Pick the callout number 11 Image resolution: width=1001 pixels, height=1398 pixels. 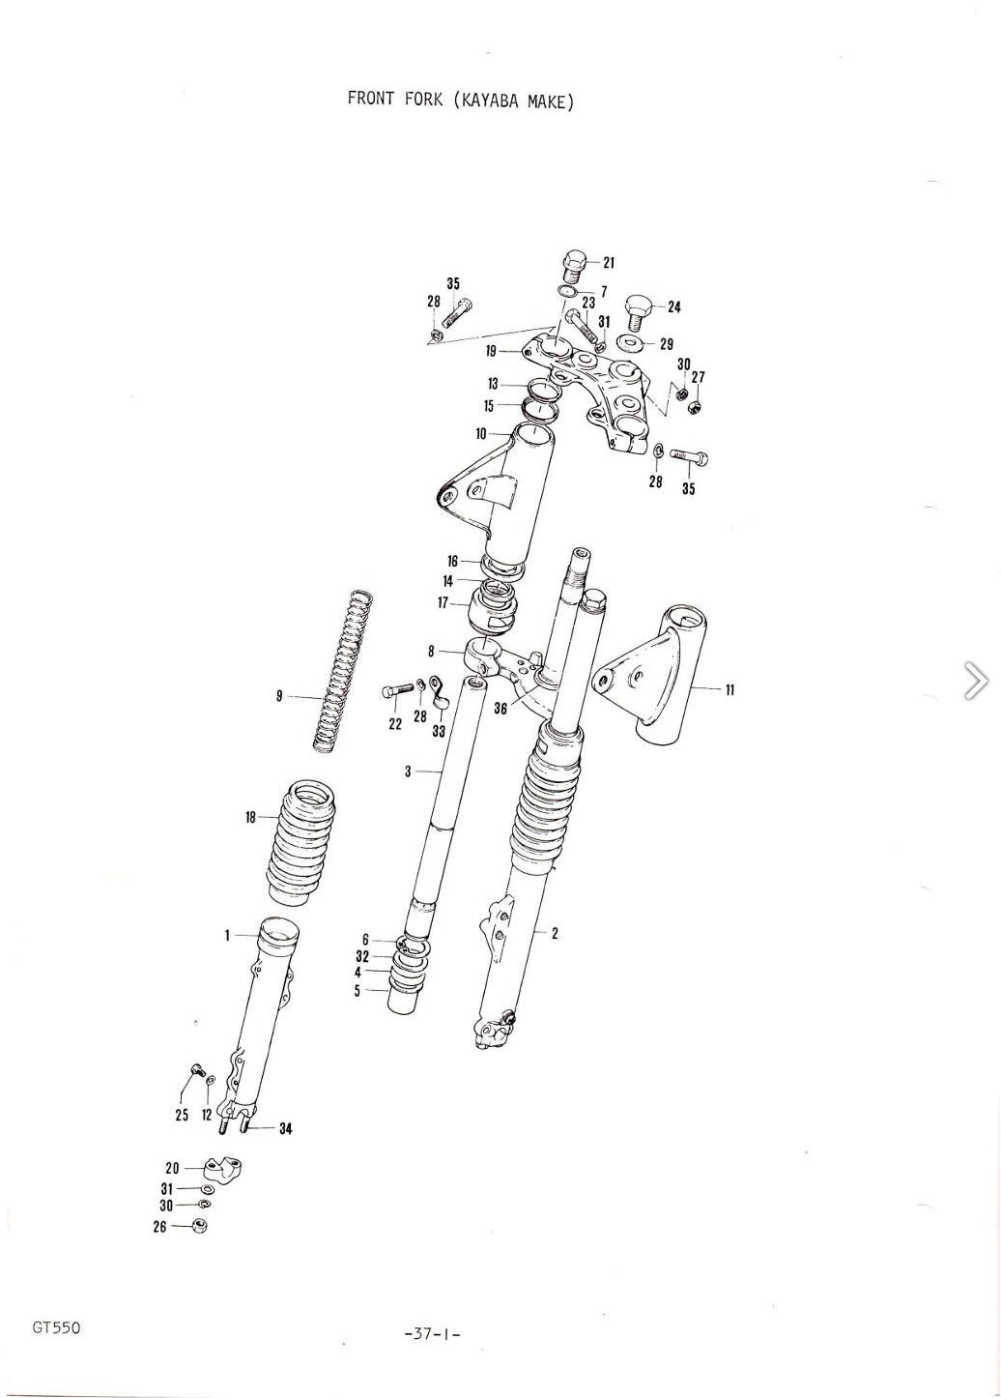point(729,689)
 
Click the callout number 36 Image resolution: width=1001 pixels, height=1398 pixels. point(500,709)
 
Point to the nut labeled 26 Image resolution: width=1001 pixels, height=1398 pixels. point(200,1225)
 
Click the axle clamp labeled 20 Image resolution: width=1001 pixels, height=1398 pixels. point(222,1167)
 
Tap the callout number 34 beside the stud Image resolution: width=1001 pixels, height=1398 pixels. point(285,1128)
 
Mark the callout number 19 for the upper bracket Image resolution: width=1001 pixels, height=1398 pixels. point(492,351)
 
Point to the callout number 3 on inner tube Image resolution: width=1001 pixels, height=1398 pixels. point(408,772)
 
